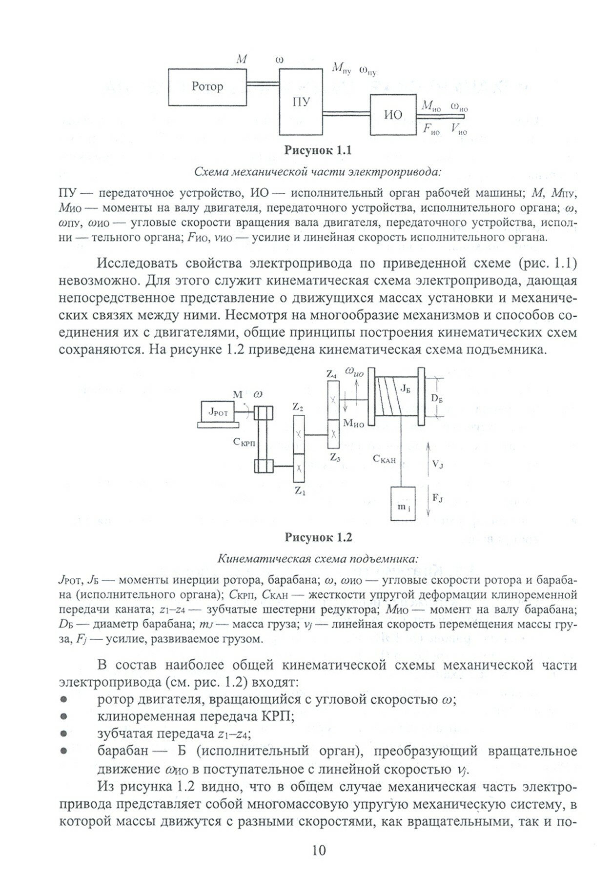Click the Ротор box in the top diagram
tap(207, 87)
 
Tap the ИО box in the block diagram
tap(393, 115)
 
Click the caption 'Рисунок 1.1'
tap(318, 151)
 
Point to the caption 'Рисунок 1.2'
tap(318, 538)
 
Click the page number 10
tap(318, 865)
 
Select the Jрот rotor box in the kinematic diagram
tap(218, 412)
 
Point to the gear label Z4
tap(331, 375)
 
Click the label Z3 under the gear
tap(334, 458)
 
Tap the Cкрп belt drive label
tap(244, 442)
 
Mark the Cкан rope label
tap(384, 459)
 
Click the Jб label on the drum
tap(405, 388)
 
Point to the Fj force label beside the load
tap(437, 498)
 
